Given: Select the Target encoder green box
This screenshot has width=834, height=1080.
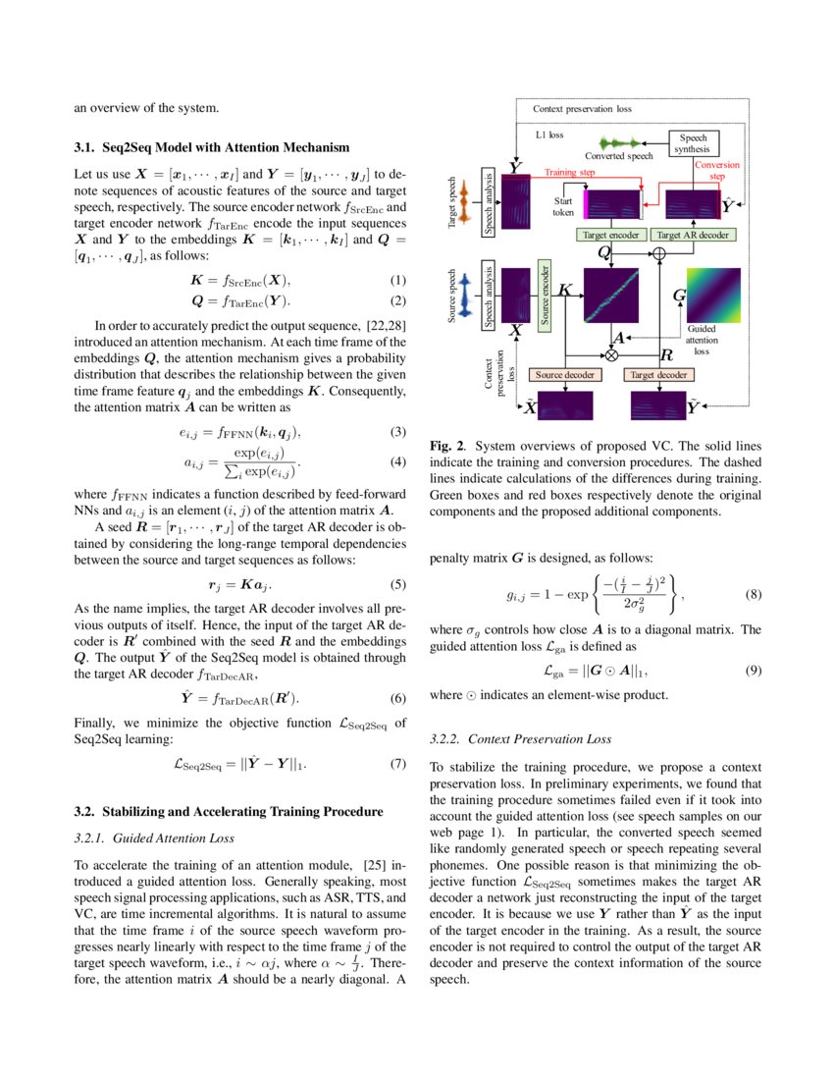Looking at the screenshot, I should pyautogui.click(x=610, y=236).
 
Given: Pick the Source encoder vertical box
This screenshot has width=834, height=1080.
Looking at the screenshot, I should pyautogui.click(x=547, y=294).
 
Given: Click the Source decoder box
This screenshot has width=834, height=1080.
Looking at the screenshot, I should pyautogui.click(x=565, y=375).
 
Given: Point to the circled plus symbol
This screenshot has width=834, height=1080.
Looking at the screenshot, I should pyautogui.click(x=659, y=254).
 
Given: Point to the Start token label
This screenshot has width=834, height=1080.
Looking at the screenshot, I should pyautogui.click(x=563, y=205).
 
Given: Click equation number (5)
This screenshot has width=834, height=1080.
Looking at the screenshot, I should pyautogui.click(x=397, y=585).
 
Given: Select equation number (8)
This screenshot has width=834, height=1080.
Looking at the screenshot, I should pyautogui.click(x=753, y=595).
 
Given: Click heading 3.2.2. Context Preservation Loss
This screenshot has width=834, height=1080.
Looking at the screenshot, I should pyautogui.click(x=521, y=738).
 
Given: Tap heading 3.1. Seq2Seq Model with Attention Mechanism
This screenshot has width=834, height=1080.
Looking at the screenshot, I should pyautogui.click(x=212, y=147).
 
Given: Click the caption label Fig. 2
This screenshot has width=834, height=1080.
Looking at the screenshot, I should pyautogui.click(x=447, y=446).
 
